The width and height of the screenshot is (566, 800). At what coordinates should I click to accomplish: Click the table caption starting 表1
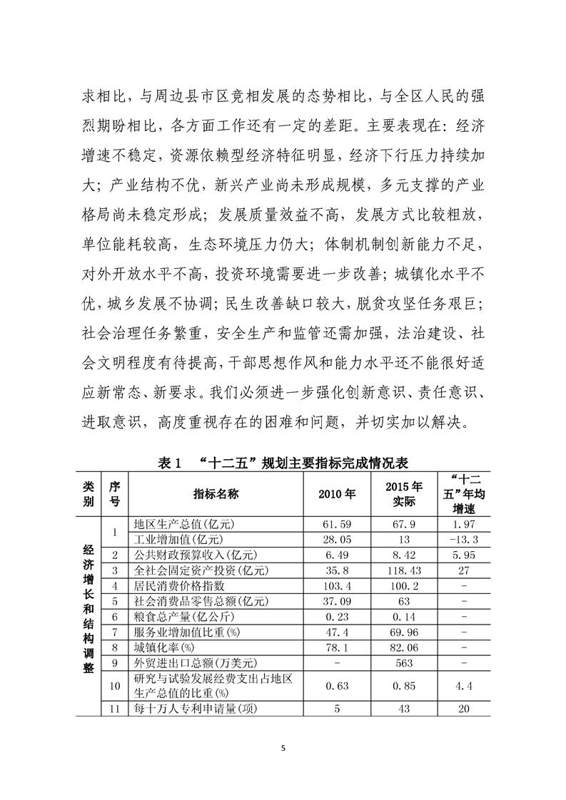click(x=282, y=463)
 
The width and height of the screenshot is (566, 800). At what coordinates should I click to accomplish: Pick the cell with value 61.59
click(x=339, y=525)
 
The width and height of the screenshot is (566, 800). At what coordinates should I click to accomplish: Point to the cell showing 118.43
click(x=404, y=570)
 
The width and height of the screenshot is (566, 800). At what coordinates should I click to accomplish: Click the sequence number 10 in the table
click(x=114, y=687)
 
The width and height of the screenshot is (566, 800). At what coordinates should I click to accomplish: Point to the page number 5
click(x=283, y=748)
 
